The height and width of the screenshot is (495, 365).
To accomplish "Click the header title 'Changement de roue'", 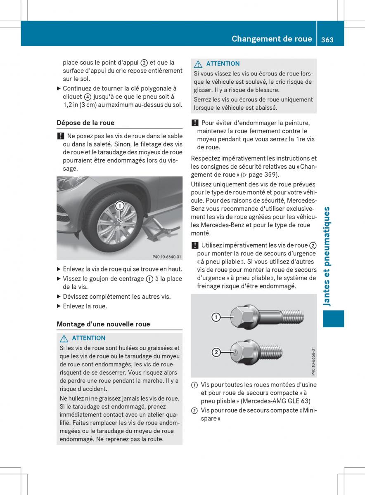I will click(x=272, y=39).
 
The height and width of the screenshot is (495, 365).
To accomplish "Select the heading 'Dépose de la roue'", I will click(x=85, y=123).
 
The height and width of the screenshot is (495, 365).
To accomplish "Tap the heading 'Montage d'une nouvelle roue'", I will click(x=103, y=324).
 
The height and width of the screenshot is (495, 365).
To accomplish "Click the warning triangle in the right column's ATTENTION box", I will click(x=198, y=64).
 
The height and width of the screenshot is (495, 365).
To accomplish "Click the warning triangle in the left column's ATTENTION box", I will click(x=64, y=338).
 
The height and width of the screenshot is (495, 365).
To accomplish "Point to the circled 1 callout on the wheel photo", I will click(x=119, y=206).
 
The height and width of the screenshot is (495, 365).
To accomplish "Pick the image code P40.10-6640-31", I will click(x=166, y=257).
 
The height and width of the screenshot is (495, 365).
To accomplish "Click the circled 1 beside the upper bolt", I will click(x=216, y=317).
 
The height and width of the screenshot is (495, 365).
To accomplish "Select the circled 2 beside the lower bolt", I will click(x=216, y=352).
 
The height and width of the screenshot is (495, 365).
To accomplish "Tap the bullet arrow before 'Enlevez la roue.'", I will click(x=59, y=306).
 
